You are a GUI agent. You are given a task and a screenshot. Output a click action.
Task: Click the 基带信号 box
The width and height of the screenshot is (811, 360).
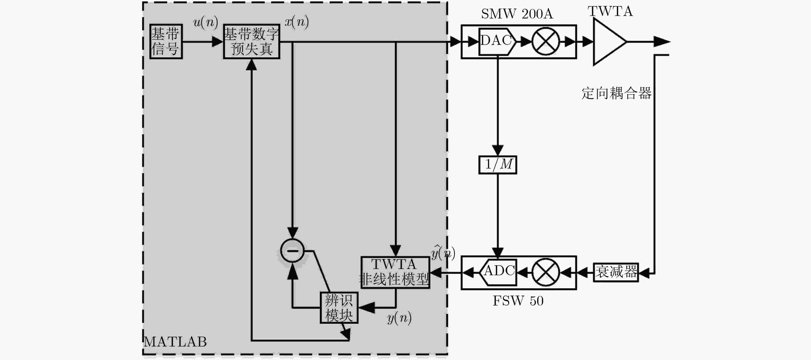166,41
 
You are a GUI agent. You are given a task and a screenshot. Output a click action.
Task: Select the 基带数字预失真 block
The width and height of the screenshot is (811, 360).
251,41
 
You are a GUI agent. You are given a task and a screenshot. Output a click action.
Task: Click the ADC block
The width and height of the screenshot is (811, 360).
498,272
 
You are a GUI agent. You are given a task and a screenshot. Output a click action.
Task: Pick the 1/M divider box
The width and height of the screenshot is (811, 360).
498,164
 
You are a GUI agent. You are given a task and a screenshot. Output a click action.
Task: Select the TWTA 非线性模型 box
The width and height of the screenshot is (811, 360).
395,272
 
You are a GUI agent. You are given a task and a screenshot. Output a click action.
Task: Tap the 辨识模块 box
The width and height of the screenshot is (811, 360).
339,308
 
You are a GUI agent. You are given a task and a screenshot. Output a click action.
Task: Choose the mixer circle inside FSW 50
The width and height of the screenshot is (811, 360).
546,272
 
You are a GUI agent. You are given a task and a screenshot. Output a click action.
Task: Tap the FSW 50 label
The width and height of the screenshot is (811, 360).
518,301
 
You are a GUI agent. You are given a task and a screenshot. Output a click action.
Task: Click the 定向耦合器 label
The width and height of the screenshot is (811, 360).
616,93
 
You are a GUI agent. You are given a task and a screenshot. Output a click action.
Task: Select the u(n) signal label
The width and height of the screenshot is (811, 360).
206,22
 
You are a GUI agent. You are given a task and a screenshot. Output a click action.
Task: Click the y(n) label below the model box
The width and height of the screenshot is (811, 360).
399,318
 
